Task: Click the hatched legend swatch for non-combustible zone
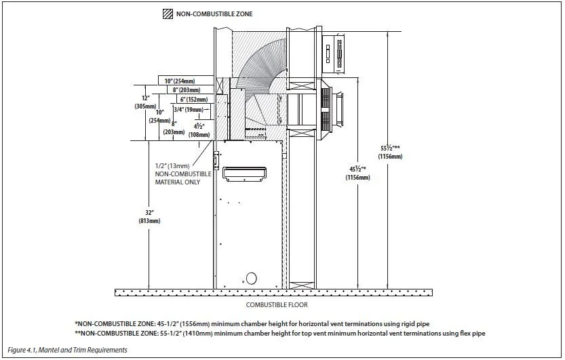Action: click(168, 14)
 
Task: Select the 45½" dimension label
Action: click(357, 173)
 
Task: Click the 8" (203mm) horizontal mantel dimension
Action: click(186, 90)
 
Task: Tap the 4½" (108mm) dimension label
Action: click(199, 129)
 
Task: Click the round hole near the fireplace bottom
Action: click(251, 277)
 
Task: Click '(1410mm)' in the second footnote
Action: click(201, 334)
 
